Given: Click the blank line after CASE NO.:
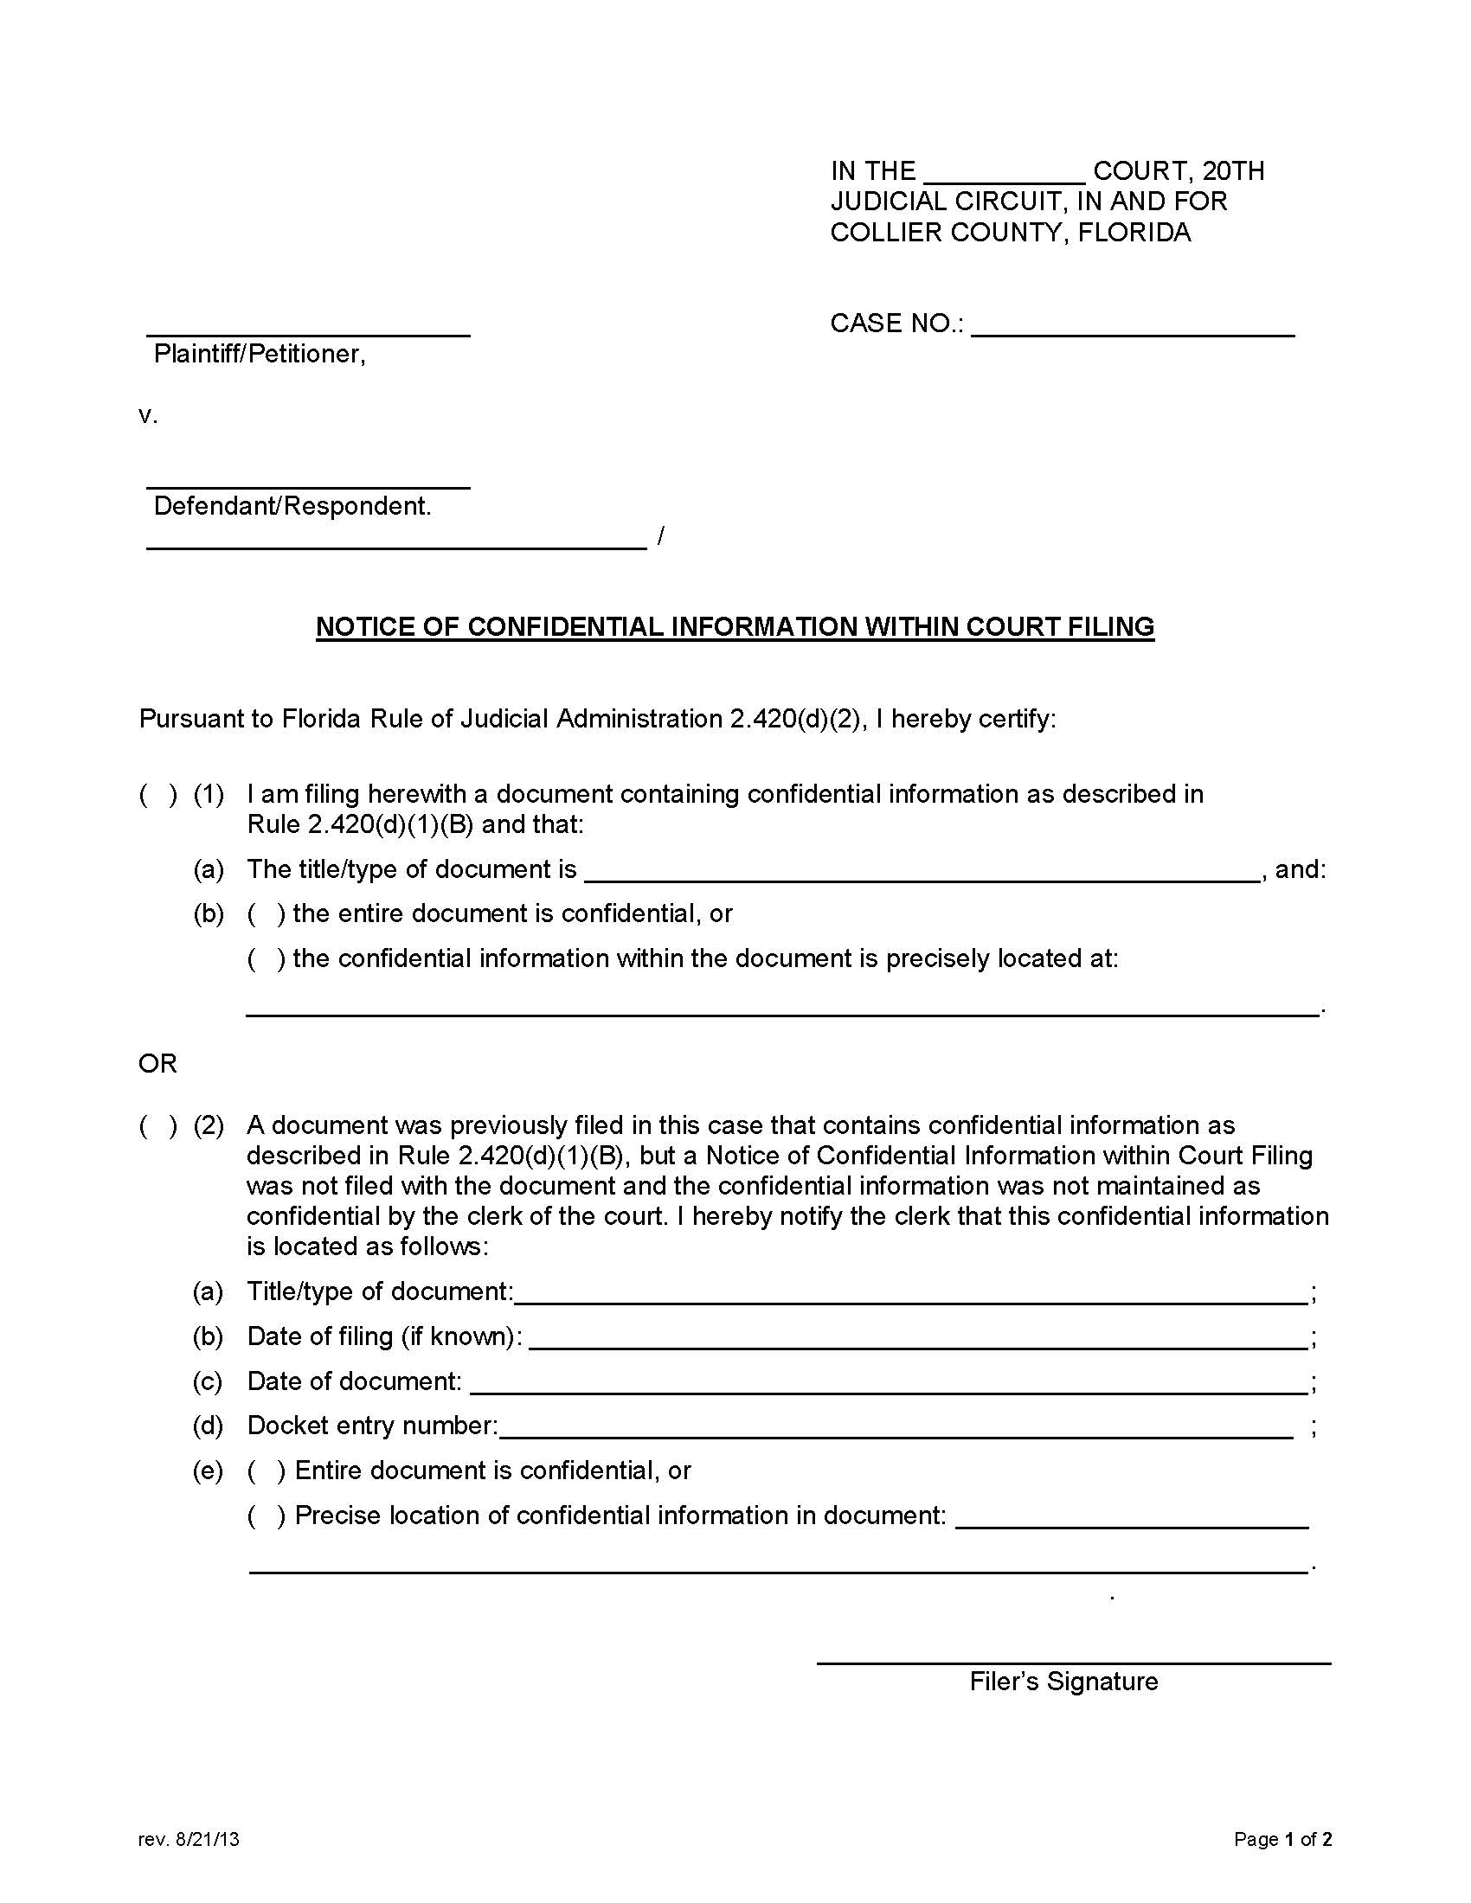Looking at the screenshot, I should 1132,329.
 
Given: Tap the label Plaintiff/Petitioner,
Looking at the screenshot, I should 259,354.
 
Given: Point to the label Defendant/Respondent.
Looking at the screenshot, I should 292,506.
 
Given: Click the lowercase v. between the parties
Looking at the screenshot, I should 148,415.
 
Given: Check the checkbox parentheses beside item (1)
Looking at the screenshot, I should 158,794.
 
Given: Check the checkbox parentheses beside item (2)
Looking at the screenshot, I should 158,1124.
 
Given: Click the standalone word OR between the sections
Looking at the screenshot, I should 157,1063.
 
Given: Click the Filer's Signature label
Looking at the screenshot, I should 1063,1682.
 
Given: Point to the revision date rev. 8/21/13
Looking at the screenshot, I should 189,1839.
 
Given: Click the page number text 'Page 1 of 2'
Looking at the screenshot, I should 1282,1839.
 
